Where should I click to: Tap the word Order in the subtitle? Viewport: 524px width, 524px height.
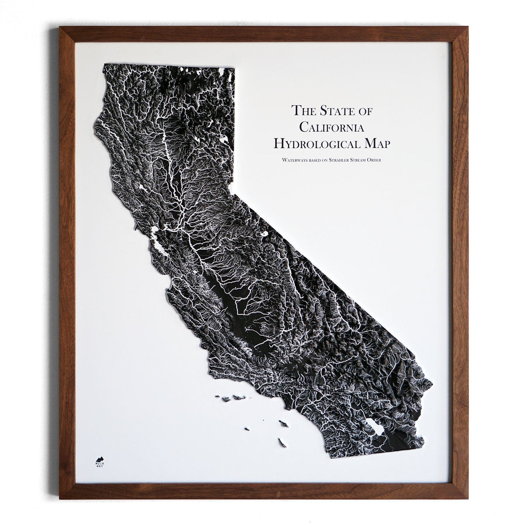(374, 161)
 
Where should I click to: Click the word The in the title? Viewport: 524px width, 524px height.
(300, 110)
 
